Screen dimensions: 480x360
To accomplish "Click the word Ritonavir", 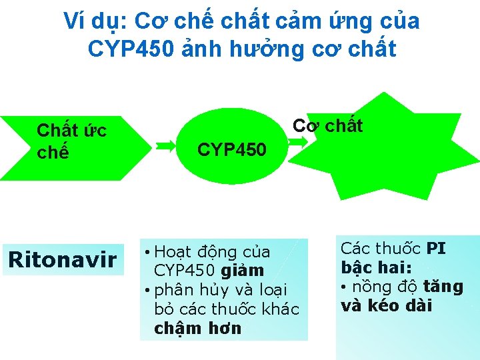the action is (x=62, y=259).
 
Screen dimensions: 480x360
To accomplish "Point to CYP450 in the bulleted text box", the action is (x=181, y=271).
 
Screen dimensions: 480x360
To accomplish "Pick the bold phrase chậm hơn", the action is (x=197, y=328).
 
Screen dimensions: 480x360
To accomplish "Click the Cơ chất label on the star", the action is (x=328, y=125).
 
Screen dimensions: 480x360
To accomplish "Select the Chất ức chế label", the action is (x=71, y=141).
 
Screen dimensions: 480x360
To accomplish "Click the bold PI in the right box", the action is (x=435, y=249).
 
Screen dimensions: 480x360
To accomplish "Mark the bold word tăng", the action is (x=447, y=287).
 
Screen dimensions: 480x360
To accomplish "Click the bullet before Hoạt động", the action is (x=147, y=253).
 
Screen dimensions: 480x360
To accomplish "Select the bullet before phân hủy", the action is (x=147, y=291).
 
